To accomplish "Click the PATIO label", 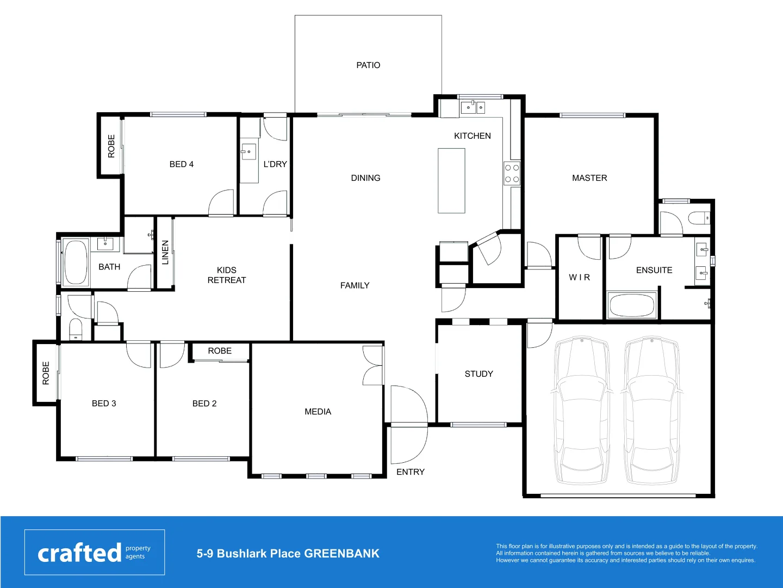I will click(368, 65).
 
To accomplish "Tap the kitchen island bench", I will click(451, 181).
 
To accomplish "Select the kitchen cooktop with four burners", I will click(512, 173).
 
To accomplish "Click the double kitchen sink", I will click(473, 107).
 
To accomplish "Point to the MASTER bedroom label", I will click(589, 178).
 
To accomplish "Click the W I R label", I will click(579, 278).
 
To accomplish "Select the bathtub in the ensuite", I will click(632, 305).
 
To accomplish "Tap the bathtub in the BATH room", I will click(76, 262).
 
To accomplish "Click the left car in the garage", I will click(581, 411).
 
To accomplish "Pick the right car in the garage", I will click(651, 411).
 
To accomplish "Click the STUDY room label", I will click(478, 374).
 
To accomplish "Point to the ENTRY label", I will click(410, 472).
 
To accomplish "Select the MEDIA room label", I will click(318, 412).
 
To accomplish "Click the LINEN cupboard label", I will click(165, 253).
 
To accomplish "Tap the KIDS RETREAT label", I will click(226, 275).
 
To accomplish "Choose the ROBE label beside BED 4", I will click(111, 146).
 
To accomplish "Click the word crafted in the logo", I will click(79, 553).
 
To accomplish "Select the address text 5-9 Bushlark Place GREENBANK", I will click(288, 554).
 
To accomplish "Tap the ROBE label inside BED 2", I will click(220, 351).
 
